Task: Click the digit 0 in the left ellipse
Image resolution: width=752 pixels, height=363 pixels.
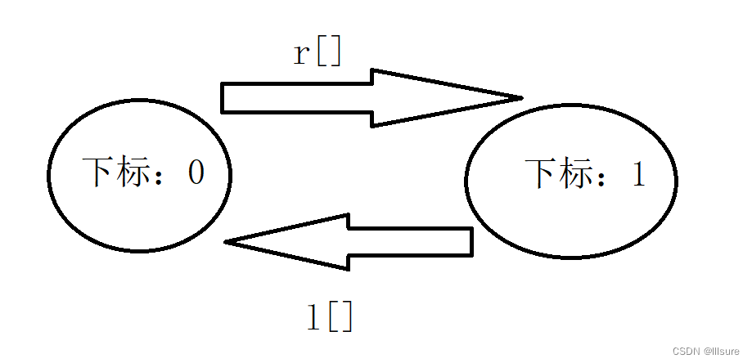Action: click(x=196, y=173)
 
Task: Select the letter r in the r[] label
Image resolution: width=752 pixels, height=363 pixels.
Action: click(x=303, y=54)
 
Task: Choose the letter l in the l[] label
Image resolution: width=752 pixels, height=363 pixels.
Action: click(x=312, y=317)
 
